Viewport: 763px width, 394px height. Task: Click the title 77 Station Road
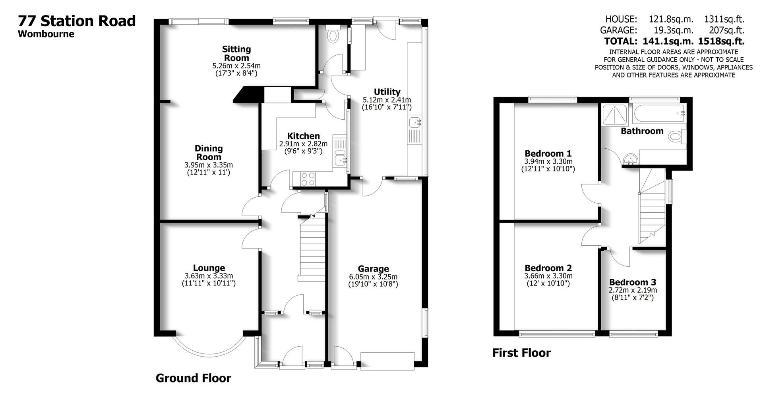pyautogui.click(x=77, y=21)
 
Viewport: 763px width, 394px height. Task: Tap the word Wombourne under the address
pyautogui.click(x=46, y=34)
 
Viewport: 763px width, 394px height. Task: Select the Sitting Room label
pyautogui.click(x=236, y=53)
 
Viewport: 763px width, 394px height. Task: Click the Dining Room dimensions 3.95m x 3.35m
pyautogui.click(x=209, y=165)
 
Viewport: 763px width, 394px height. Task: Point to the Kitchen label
pyautogui.click(x=304, y=136)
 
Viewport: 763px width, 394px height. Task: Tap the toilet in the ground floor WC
pyautogui.click(x=333, y=36)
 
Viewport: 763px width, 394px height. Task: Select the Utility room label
pyautogui.click(x=387, y=92)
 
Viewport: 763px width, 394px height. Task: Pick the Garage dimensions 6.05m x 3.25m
pyautogui.click(x=373, y=277)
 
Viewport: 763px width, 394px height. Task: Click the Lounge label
pyautogui.click(x=209, y=268)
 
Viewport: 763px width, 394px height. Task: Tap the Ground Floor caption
pyautogui.click(x=193, y=378)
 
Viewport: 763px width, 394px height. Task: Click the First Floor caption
pyautogui.click(x=521, y=353)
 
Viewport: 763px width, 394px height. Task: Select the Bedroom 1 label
pyautogui.click(x=548, y=153)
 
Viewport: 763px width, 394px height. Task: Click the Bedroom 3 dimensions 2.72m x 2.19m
pyautogui.click(x=633, y=291)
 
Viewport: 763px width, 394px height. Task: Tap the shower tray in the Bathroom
pyautogui.click(x=615, y=115)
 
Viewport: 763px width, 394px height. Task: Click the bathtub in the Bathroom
pyautogui.click(x=660, y=114)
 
